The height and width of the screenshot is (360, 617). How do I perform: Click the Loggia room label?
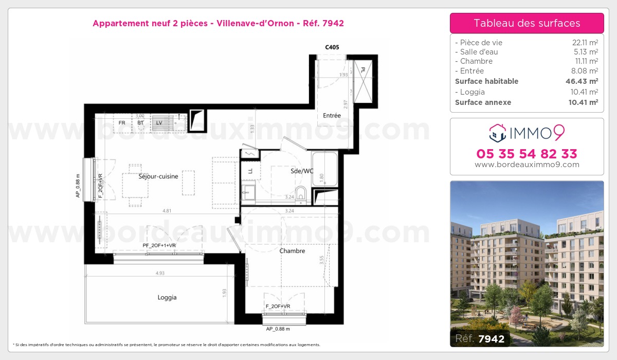coord(167,297)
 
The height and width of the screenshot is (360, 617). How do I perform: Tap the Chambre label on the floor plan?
coord(292,251)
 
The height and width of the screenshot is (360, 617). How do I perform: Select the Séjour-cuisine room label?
coord(158,176)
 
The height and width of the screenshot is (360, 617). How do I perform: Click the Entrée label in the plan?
coord(332,116)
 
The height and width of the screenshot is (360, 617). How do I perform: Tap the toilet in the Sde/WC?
coord(301,195)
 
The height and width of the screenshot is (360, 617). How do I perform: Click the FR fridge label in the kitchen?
coord(122,123)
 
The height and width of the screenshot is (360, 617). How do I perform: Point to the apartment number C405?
coord(332,47)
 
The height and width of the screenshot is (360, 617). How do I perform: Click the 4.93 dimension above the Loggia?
coord(160,273)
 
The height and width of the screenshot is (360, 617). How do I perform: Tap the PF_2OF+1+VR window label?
coord(159,246)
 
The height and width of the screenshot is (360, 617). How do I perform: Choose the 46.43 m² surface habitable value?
coord(582,81)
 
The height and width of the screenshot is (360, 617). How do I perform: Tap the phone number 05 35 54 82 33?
coord(527,154)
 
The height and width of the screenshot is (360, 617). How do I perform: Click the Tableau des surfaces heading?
coord(527,23)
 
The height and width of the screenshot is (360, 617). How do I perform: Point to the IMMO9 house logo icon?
coord(497,134)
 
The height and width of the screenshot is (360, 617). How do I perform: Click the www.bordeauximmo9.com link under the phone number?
coord(527,165)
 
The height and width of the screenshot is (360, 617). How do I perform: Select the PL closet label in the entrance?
coord(362,70)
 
